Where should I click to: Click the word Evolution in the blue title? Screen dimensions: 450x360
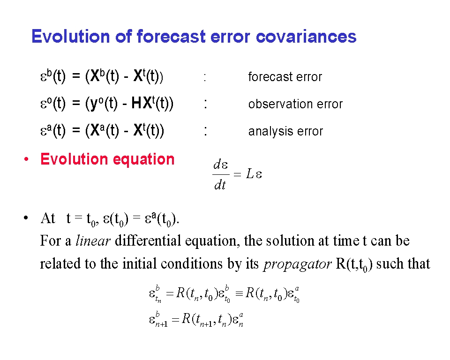tap(71, 37)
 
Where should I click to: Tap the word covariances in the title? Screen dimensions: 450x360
tap(306, 37)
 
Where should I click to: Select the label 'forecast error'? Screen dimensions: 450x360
tap(285, 77)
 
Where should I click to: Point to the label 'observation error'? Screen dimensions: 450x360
tap(295, 104)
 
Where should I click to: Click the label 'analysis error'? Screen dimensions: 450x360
tap(285, 131)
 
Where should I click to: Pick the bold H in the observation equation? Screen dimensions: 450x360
tap(136, 103)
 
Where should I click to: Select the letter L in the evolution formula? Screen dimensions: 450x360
tap(250, 174)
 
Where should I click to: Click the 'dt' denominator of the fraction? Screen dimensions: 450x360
tap(220, 185)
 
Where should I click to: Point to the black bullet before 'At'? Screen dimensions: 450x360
tap(26, 218)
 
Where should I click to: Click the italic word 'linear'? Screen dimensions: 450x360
tap(93, 240)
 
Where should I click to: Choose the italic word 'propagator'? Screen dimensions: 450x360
tap(297, 264)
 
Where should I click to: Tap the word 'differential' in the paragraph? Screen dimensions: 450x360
tap(148, 240)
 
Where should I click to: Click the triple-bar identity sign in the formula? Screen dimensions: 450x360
tap(239, 293)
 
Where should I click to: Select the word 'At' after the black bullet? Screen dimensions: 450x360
tap(48, 218)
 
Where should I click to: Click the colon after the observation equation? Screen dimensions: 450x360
tap(205, 104)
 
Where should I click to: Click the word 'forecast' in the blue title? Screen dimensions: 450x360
tap(171, 37)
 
